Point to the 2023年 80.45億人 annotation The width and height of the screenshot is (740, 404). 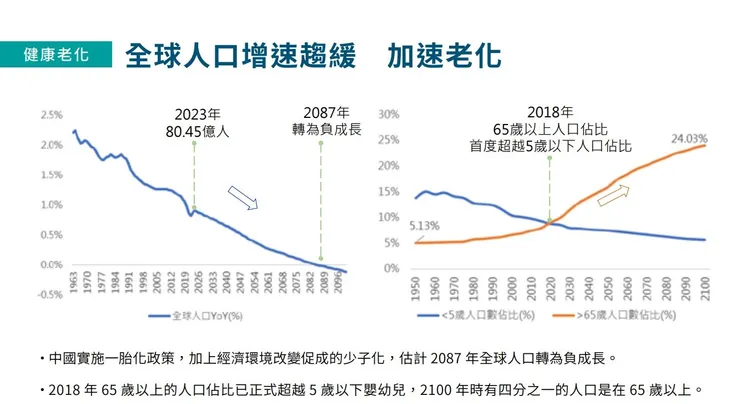[x=196, y=122]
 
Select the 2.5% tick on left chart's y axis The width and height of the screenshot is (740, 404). [x=52, y=114]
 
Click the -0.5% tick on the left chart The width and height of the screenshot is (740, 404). [x=51, y=295]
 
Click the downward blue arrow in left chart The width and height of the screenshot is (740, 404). [x=243, y=197]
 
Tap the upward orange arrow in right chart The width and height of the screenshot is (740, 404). [x=614, y=194]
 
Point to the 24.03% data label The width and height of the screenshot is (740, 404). [x=689, y=138]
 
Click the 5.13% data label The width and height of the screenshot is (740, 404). [x=424, y=227]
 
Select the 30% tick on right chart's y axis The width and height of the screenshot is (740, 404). [x=390, y=114]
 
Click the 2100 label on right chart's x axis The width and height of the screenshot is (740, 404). [x=706, y=287]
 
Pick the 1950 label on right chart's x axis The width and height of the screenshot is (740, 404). [x=415, y=287]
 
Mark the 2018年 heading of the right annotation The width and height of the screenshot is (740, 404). [x=550, y=112]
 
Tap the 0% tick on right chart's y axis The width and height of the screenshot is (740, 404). [x=393, y=269]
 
